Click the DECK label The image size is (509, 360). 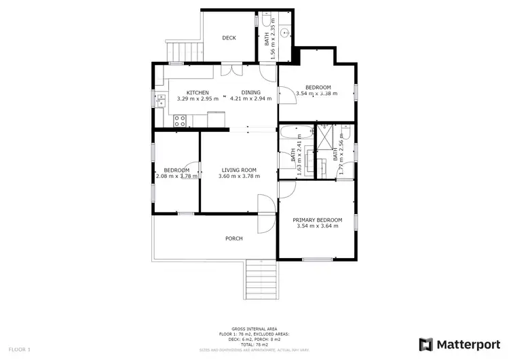229,38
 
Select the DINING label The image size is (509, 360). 251,92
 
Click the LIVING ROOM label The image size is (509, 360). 238,170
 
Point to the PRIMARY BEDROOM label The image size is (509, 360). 317,220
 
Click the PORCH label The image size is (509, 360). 233,238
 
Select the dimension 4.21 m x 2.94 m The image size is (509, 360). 251,98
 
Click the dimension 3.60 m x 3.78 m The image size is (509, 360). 238,177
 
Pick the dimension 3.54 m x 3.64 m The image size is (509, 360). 317,227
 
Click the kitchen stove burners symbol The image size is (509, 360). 181,121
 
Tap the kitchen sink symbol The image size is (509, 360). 161,101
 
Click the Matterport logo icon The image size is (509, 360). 427,344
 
